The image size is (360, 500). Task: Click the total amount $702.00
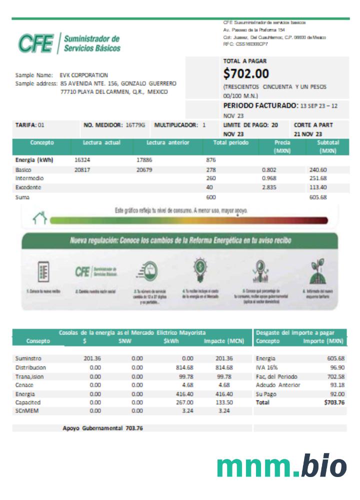coord(246,74)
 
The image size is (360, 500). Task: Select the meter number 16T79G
coord(135,125)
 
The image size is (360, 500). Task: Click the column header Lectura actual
coord(102,143)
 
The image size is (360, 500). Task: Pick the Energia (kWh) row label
coord(34,160)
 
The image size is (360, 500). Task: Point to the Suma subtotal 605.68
coord(318,197)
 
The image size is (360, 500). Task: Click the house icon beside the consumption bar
coord(39,218)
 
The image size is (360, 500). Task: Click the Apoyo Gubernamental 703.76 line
coord(102,428)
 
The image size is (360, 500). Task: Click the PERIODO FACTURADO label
coord(260,106)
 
